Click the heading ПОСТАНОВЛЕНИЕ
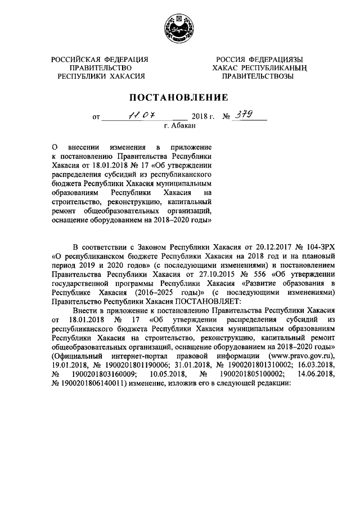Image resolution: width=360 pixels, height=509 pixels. tap(179, 97)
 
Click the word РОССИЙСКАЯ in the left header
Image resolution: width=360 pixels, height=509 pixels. tap(76, 60)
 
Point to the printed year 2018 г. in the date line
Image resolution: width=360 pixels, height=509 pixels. tap(204, 118)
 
